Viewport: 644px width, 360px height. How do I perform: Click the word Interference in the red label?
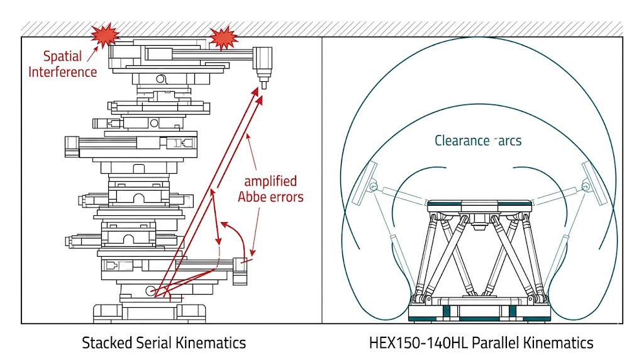click(63, 71)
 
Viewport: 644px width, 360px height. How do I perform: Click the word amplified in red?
click(270, 181)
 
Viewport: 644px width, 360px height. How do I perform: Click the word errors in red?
click(286, 196)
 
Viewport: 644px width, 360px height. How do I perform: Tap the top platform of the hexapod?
click(479, 206)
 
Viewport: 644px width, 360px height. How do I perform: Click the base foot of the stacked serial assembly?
click(150, 312)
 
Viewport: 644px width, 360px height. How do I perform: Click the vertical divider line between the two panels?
click(322, 189)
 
